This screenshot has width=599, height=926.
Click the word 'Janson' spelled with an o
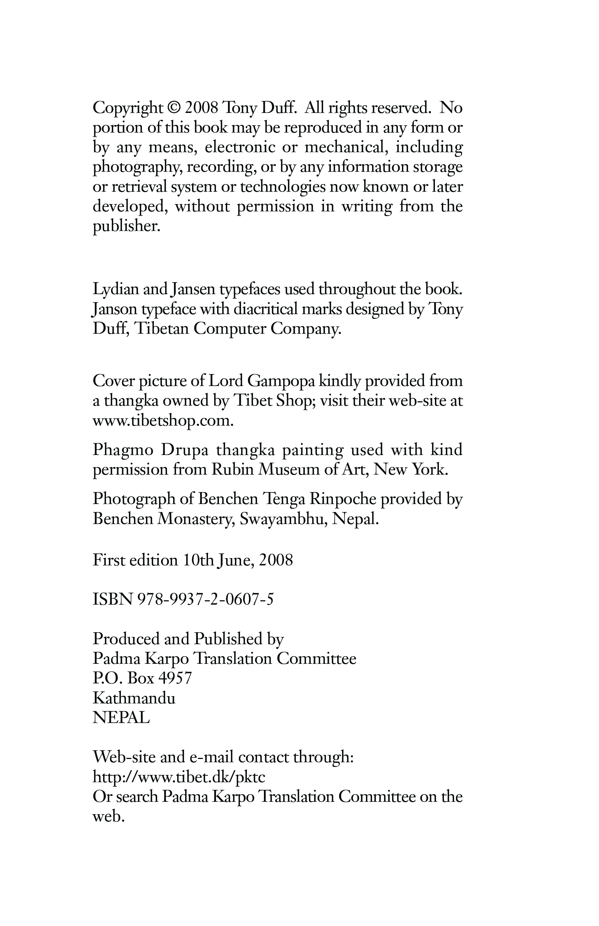[x=114, y=309]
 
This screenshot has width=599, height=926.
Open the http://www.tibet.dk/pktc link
[x=179, y=777]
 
